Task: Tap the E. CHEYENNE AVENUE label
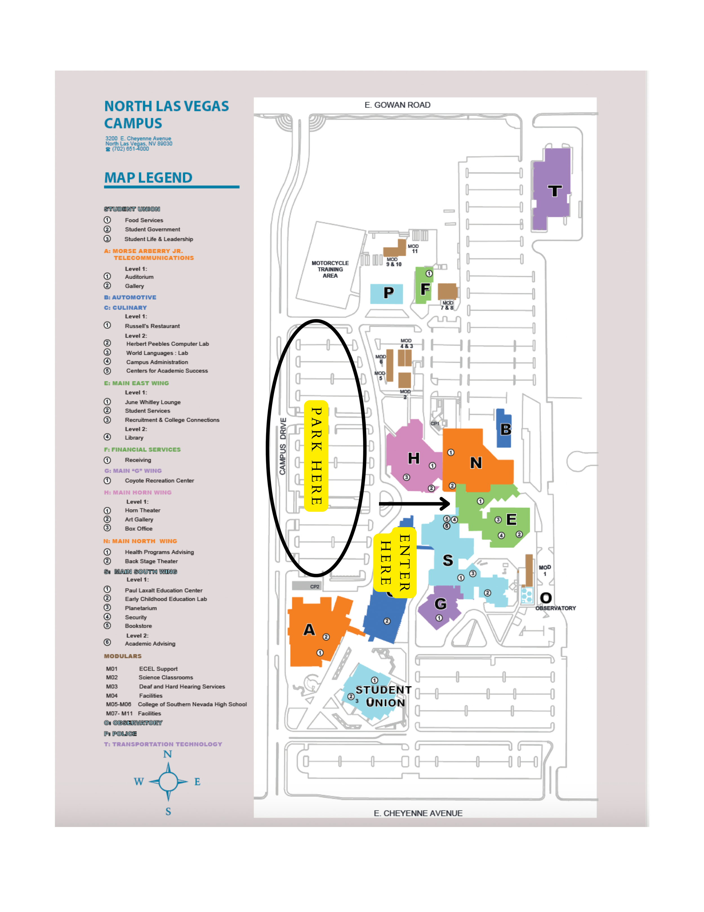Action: (x=418, y=813)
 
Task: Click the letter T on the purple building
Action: (x=554, y=191)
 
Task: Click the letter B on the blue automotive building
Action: (x=505, y=429)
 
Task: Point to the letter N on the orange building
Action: (x=476, y=463)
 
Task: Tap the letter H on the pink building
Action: (x=413, y=459)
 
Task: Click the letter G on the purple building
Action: (x=440, y=604)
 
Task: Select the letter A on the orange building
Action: (x=309, y=630)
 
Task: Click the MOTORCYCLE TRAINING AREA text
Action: (x=330, y=269)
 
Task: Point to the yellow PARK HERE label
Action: (x=316, y=456)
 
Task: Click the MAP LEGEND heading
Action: (x=148, y=178)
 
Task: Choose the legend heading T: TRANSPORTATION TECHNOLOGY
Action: (x=163, y=744)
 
